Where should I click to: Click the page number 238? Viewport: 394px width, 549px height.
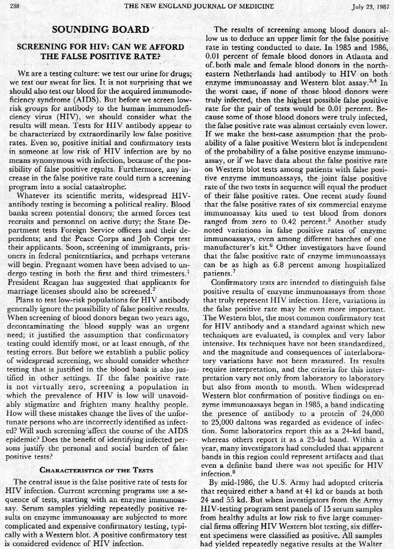click(x=14, y=6)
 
